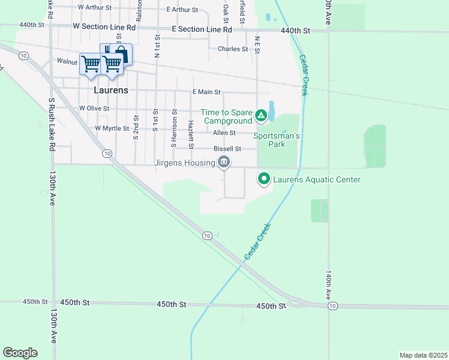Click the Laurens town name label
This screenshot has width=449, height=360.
(x=111, y=90)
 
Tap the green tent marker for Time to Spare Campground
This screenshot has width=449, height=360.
(x=261, y=115)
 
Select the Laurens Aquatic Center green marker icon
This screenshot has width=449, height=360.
(x=264, y=179)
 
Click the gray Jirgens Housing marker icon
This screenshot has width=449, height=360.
(x=224, y=161)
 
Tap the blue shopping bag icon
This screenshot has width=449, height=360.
(x=121, y=55)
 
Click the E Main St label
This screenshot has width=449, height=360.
(x=206, y=92)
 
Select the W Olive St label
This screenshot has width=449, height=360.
(x=94, y=109)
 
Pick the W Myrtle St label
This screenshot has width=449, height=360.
(x=112, y=128)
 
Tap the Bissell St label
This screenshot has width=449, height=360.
(x=227, y=149)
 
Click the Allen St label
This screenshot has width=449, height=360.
(x=224, y=133)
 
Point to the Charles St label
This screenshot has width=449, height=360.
(x=233, y=49)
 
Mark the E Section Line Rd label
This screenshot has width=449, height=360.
(x=201, y=29)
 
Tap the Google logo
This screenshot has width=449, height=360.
(x=20, y=353)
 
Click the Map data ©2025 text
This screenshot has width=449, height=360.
(x=423, y=355)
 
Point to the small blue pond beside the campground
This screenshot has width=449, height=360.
(x=271, y=110)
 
